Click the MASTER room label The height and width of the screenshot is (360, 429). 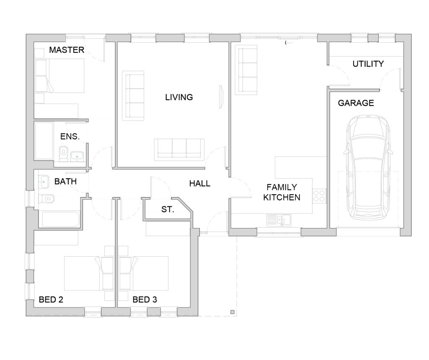tap(67, 50)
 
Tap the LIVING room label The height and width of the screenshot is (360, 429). tap(179, 97)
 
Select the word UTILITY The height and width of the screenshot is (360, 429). tap(368, 64)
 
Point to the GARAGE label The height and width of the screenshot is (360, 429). tap(356, 103)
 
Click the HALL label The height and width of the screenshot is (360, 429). tap(200, 183)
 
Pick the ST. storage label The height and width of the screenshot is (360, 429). tap(168, 209)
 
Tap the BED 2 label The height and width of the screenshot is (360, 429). tap(51, 300)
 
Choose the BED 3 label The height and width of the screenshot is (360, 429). tap(145, 300)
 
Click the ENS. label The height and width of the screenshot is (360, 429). tap(70, 136)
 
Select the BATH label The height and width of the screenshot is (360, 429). tap(65, 182)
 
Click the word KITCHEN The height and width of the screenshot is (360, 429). tap(282, 197)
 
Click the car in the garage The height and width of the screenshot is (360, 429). tap(368, 167)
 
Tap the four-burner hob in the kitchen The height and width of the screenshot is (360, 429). tap(319, 196)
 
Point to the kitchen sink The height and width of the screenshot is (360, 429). tap(279, 220)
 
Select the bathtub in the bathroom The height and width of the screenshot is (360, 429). tap(61, 219)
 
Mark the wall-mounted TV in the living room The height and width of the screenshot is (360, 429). tap(221, 97)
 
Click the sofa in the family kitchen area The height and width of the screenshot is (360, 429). tap(246, 70)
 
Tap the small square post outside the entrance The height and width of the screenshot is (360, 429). tap(232, 312)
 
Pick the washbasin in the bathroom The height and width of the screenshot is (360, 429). tap(44, 182)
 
